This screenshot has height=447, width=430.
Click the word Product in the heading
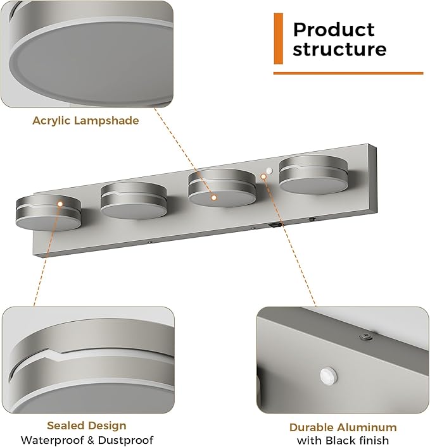pyautogui.click(x=334, y=30)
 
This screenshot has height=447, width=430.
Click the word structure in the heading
pyautogui.click(x=339, y=49)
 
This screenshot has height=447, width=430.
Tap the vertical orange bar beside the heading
pyautogui.click(x=279, y=39)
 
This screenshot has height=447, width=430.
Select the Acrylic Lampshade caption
pyautogui.click(x=85, y=121)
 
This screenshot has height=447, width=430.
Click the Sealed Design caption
pyautogui.click(x=87, y=426)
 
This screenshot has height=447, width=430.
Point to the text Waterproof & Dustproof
pyautogui.click(x=87, y=440)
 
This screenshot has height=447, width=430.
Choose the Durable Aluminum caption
pyautogui.click(x=343, y=427)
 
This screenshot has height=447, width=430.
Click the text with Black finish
pyautogui.click(x=343, y=441)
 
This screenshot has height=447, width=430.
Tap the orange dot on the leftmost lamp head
pyautogui.click(x=60, y=204)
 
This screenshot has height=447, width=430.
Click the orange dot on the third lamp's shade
pyautogui.click(x=213, y=197)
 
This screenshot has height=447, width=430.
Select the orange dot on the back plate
pyautogui.click(x=263, y=177)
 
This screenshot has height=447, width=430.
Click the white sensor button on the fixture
pyautogui.click(x=269, y=171)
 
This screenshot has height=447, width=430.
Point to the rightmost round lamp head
pyautogui.click(x=313, y=175)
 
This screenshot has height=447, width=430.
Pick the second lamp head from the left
pyautogui.click(x=134, y=201)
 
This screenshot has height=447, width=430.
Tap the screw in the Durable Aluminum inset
pyautogui.click(x=366, y=337)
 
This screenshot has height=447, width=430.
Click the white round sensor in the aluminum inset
pyautogui.click(x=329, y=375)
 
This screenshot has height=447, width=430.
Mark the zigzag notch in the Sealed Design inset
pyautogui.click(x=54, y=355)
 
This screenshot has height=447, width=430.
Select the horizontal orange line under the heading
pyautogui.click(x=348, y=73)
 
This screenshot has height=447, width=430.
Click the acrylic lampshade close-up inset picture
pyautogui.click(x=87, y=54)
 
